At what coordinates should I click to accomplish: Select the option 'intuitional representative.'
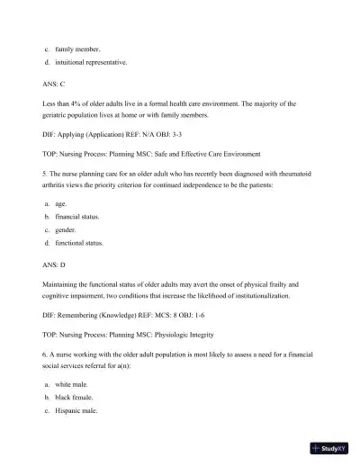pos(90,62)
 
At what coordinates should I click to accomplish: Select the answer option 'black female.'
pos(75,397)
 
